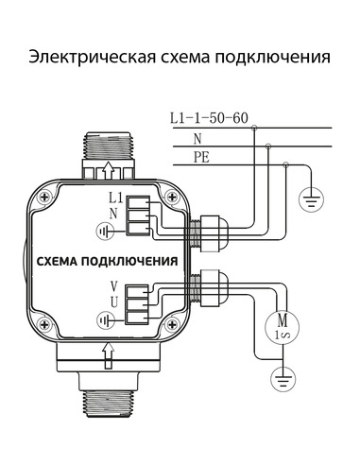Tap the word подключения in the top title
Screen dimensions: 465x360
pyautogui.click(x=266, y=58)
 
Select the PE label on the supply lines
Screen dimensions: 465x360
pyautogui.click(x=200, y=157)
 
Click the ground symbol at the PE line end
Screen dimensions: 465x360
pyautogui.click(x=309, y=199)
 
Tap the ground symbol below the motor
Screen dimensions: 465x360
pyautogui.click(x=280, y=380)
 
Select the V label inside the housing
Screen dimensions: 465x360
pyautogui.click(x=113, y=286)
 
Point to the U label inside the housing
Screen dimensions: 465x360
pyautogui.click(x=113, y=301)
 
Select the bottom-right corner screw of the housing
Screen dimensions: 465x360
pyautogui.click(x=170, y=331)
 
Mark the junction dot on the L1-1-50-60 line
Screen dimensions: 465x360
pyautogui.click(x=253, y=129)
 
